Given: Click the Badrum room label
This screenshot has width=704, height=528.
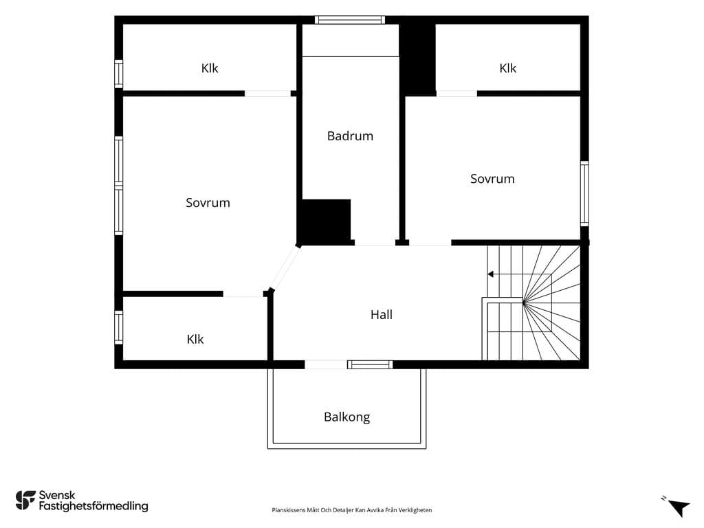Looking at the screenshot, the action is coord(350,136).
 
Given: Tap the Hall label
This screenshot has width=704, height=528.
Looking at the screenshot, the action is coord(382,315).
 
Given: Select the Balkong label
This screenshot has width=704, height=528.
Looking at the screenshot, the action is coord(347,417).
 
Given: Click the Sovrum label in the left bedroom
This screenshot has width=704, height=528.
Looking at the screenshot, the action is coord(208,203).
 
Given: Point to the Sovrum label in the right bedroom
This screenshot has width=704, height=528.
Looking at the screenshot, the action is coord(492,179).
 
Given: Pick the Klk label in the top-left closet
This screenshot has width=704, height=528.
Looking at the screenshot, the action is coord(210,68).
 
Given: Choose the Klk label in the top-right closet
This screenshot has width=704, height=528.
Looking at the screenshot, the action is coord(508,68).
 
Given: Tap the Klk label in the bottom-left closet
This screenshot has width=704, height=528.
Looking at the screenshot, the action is coord(195,340).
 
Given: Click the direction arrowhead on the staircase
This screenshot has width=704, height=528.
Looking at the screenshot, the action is coord(491,274).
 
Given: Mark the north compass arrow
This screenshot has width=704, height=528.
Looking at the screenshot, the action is coord(679,508).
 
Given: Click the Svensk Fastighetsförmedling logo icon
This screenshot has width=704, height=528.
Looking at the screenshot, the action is coord(25,500).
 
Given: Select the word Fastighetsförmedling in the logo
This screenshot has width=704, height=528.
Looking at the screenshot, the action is coord(93,506).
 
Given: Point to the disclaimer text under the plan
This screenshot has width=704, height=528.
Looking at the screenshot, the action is coord(352,510).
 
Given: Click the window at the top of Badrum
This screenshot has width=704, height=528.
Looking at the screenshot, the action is coord(350,20).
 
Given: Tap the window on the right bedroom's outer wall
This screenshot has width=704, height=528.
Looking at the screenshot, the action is coord(584,193).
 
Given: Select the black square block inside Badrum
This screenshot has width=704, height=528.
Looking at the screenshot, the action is coord(326,222).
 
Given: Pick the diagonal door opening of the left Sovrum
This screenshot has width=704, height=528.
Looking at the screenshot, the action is coord(285,267).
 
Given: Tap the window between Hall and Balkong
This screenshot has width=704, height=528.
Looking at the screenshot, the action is coord(370,364).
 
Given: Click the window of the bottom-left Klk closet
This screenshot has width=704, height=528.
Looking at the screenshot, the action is coord(118,327).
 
